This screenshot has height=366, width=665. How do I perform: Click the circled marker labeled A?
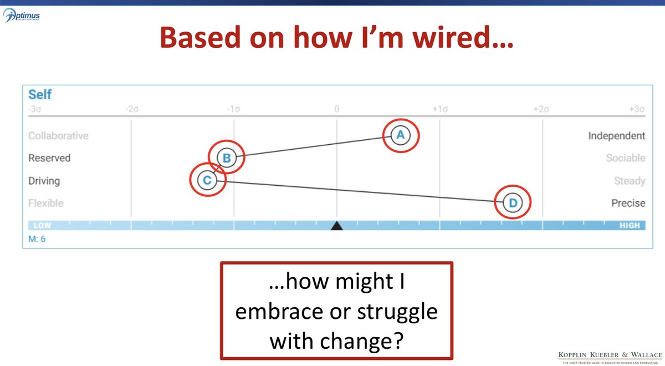pos(401,135)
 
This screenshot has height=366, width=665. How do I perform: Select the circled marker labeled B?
pos(226,158)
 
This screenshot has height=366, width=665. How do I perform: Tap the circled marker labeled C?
pos(207,180)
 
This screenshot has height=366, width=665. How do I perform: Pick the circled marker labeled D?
pos(513,203)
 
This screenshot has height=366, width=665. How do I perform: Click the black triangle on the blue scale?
pos(336,226)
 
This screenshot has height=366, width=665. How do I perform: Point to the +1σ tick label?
pos(440,109)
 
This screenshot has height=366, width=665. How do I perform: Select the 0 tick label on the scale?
pos(336,109)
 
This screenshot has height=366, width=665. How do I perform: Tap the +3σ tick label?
pos(637,109)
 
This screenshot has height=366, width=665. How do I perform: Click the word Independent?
pos(616,136)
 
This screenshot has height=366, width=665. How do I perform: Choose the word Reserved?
pos(49,158)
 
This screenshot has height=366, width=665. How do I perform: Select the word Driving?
pos(44,181)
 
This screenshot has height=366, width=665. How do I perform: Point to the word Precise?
pos(628,203)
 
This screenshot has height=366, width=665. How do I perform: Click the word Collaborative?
pos(58,136)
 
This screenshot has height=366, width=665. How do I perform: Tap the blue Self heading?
pos(40,95)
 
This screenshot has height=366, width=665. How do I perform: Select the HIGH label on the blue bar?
pos(629,226)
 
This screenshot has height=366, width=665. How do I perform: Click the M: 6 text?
pos(37,239)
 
